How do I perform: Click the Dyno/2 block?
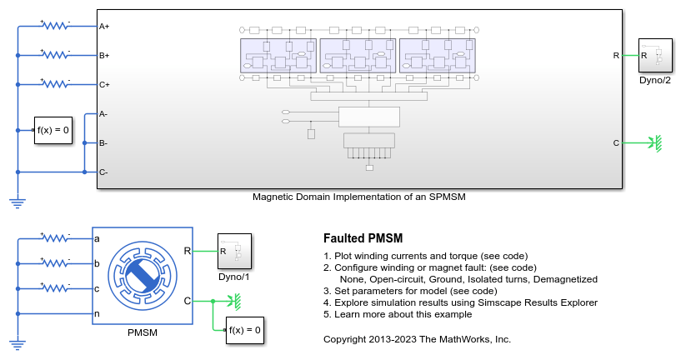click(x=655, y=56)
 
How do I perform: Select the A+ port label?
click(x=104, y=27)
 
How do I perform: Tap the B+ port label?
click(x=104, y=56)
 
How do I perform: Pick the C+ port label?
click(x=104, y=84)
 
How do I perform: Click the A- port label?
click(x=103, y=113)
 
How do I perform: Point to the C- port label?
click(x=103, y=172)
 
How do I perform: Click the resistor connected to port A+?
click(x=56, y=27)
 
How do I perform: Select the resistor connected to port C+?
click(x=56, y=83)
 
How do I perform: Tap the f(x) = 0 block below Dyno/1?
click(x=245, y=329)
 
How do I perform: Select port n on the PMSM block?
click(x=98, y=314)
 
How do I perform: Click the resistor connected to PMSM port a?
click(x=56, y=239)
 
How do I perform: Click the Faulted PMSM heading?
click(x=363, y=238)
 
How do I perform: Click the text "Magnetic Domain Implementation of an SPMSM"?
click(x=358, y=197)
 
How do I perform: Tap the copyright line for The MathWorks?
click(x=417, y=339)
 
